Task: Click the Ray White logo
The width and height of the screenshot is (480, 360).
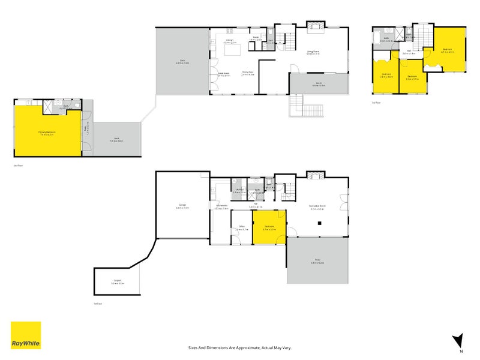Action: coord(26,335)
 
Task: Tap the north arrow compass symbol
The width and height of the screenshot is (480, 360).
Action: coord(459,341)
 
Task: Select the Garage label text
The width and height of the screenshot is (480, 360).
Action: coord(182,206)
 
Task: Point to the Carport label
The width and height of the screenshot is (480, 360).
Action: coord(117,282)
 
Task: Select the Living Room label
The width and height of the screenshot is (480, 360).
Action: coord(313,52)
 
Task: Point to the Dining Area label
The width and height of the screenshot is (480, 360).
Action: coord(248,73)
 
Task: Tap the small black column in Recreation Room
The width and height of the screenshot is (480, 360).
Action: coord(320,223)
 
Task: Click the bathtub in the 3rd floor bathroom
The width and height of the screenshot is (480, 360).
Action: coord(379,42)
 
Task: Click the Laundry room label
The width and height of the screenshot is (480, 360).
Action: coord(239,191)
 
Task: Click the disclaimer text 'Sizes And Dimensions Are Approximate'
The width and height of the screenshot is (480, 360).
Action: coord(240,347)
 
